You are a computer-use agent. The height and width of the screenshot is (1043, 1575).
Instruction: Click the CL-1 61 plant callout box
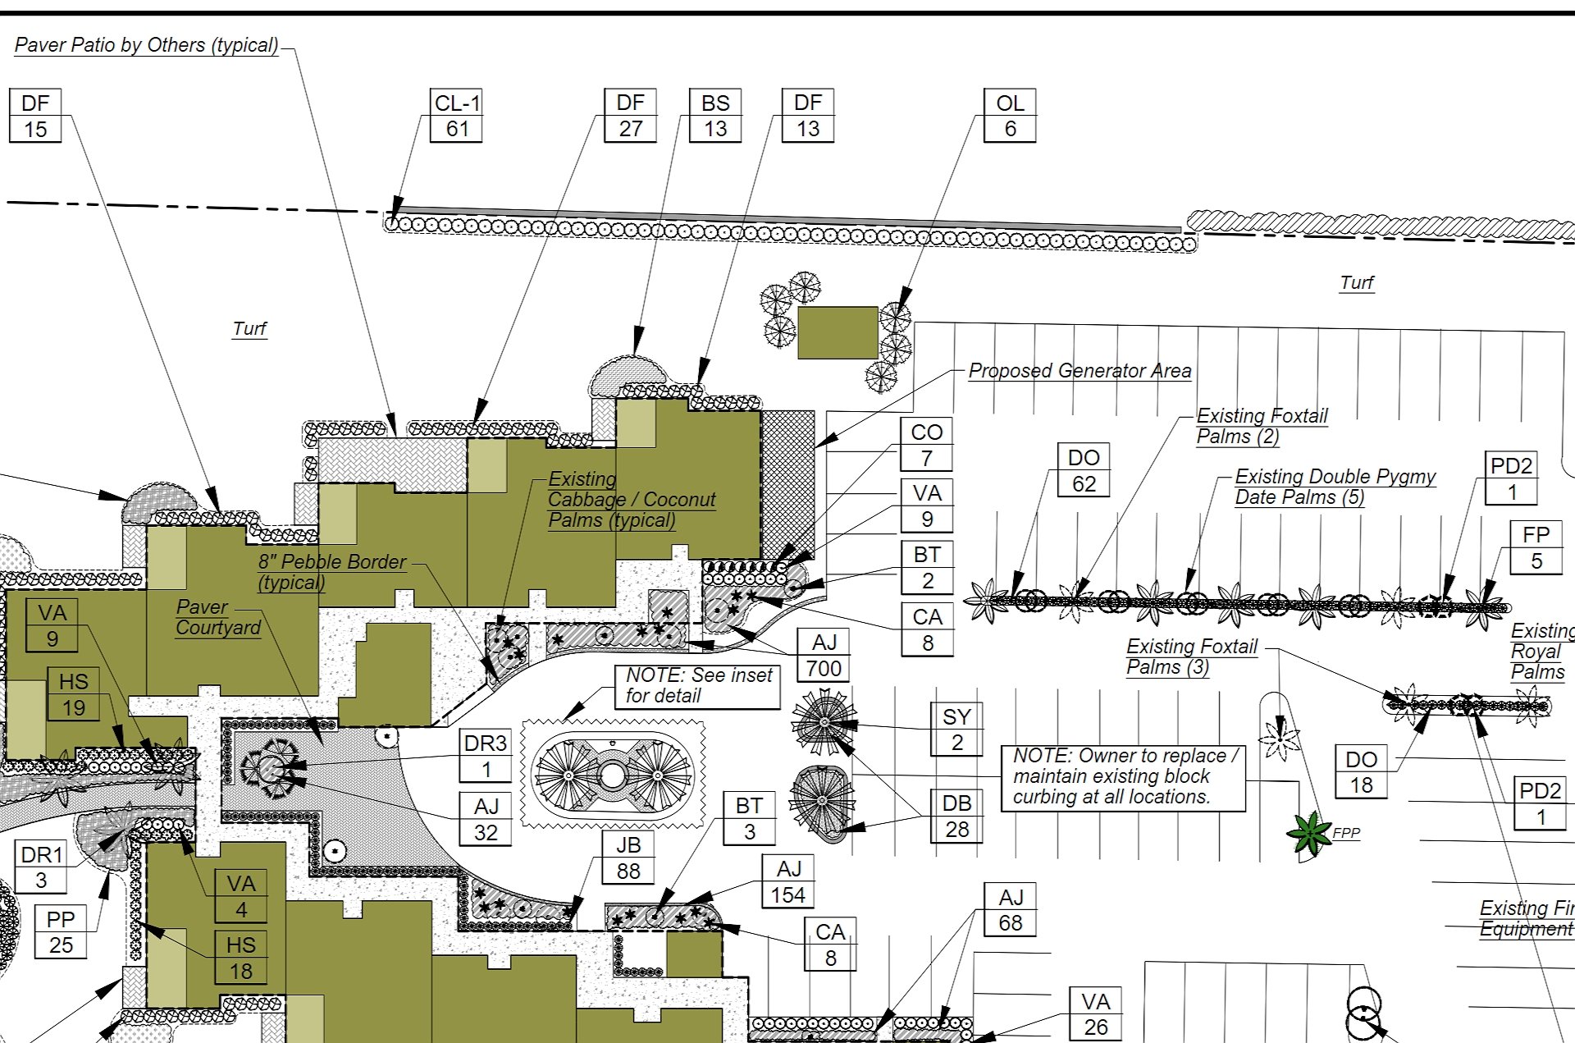[456, 116]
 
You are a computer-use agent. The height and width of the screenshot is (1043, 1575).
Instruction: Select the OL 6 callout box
[1010, 116]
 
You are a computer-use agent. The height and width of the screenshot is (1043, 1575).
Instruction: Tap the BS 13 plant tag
[714, 116]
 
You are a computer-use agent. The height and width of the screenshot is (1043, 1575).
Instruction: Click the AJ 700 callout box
[824, 655]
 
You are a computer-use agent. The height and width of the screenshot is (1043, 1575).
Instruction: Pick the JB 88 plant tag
[628, 858]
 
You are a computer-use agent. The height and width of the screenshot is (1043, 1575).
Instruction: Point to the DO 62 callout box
[1083, 470]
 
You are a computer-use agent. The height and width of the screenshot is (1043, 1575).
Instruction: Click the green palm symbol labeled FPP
[1309, 833]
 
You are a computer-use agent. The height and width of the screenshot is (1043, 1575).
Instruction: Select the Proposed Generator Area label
[1080, 371]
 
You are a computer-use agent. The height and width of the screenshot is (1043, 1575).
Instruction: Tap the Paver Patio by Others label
[146, 45]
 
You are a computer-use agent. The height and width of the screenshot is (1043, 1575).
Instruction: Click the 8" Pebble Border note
[331, 572]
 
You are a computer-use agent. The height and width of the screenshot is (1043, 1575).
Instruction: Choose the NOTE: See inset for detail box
[697, 685]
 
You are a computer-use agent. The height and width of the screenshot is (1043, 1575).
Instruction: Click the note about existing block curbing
[1122, 776]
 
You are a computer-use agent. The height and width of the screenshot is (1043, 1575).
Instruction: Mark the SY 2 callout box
[956, 729]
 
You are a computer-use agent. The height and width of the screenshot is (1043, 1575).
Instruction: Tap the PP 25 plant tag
[61, 931]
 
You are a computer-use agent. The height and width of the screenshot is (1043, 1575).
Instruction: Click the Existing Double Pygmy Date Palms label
[1334, 487]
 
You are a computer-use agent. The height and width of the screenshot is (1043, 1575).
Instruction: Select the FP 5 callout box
[1536, 548]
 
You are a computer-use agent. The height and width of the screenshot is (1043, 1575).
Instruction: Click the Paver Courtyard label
[217, 617]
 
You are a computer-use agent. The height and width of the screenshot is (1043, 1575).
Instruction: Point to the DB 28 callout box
[956, 817]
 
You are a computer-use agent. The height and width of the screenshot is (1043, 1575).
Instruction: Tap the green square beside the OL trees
[838, 332]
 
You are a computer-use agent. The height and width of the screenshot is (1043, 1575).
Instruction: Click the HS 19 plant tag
[73, 694]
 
